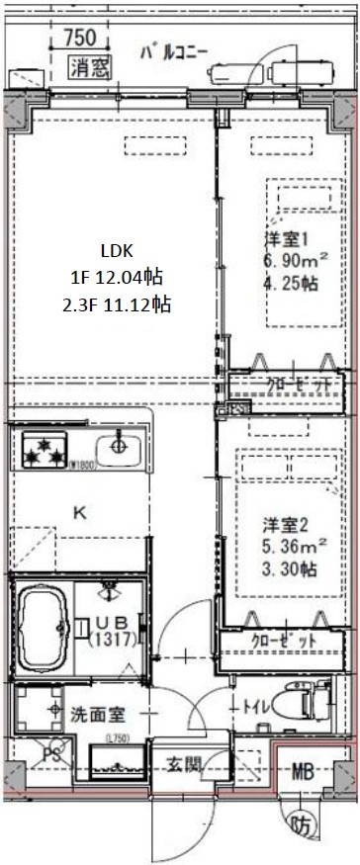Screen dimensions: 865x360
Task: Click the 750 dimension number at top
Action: click(78, 39)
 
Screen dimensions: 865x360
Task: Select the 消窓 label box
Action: click(90, 67)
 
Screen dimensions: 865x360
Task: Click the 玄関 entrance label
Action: click(185, 763)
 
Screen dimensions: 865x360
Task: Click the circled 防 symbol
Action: click(300, 822)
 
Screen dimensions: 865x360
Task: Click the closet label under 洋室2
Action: click(286, 641)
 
